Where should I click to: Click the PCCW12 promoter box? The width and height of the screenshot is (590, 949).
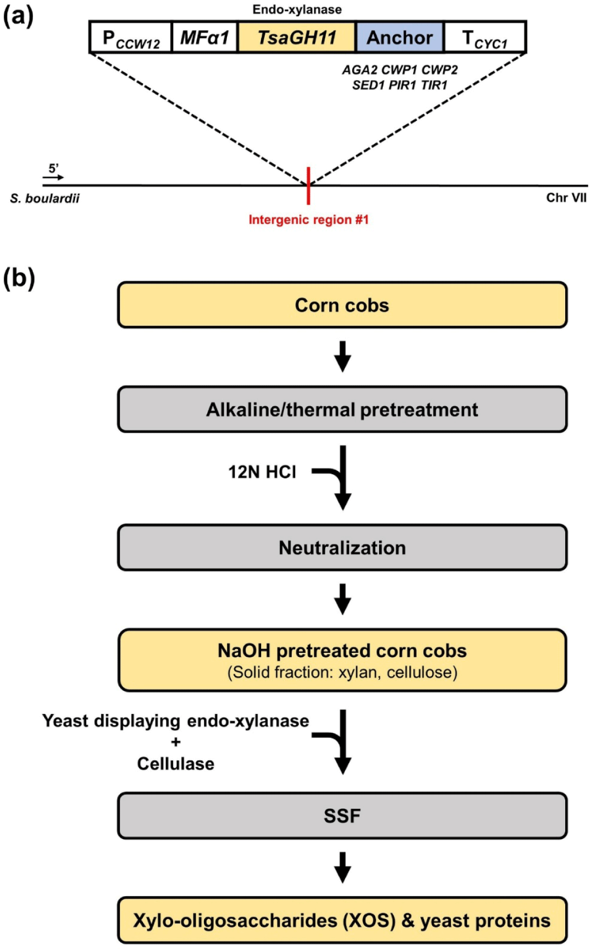[x=130, y=38]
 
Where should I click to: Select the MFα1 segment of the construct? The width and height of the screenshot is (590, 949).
[x=204, y=38]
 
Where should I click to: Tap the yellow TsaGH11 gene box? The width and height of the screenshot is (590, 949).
[x=297, y=38]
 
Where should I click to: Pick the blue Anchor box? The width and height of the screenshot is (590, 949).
[x=400, y=38]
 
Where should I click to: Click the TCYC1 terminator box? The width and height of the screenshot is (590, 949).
[x=485, y=38]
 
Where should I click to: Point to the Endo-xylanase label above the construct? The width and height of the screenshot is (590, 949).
[x=297, y=9]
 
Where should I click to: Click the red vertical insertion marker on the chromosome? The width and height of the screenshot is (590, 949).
[x=308, y=185]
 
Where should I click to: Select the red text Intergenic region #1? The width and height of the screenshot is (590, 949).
[x=309, y=220]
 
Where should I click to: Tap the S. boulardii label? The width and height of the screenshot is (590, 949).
[x=44, y=198]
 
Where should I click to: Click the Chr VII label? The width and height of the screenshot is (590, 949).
[x=566, y=198]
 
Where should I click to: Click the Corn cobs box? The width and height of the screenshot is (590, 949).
[x=342, y=305]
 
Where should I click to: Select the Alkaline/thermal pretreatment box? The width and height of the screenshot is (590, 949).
[x=342, y=410]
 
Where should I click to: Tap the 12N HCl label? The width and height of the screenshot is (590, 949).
[x=262, y=472]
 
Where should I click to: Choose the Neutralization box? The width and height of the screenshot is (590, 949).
[x=342, y=548]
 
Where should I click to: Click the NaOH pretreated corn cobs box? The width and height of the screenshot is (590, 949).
[x=342, y=660]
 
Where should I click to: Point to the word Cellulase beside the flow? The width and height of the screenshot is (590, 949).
[x=176, y=764]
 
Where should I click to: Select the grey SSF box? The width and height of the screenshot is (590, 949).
[x=342, y=816]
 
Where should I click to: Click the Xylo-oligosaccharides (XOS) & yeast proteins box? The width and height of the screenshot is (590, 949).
[x=342, y=921]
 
